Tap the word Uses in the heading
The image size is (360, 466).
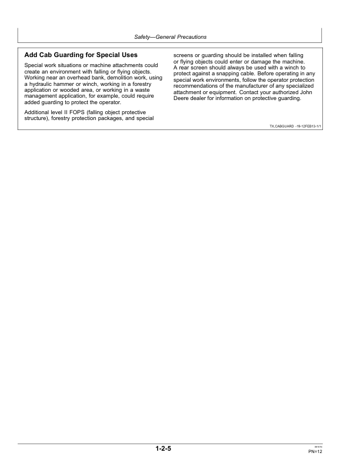(x=127, y=55)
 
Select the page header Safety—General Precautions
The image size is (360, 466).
(x=171, y=37)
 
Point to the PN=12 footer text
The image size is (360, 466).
(x=315, y=451)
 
